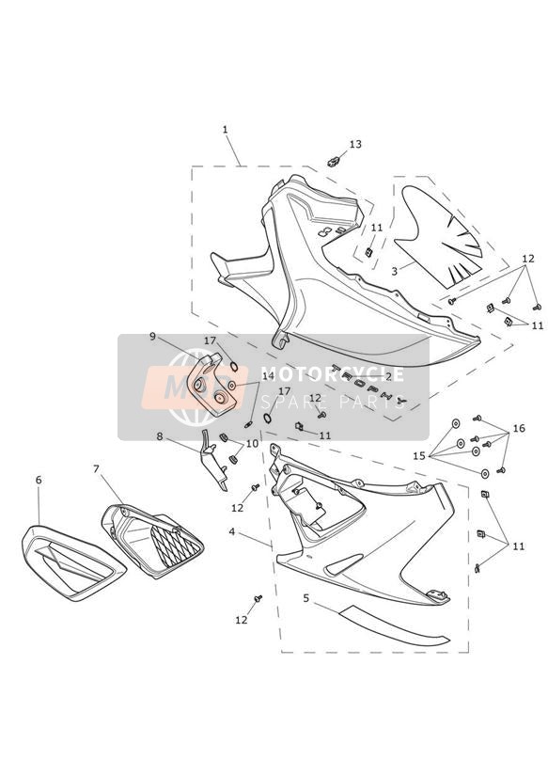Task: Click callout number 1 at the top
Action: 226,130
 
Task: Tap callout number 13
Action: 355,144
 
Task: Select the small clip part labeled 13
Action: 334,161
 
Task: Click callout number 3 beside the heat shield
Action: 395,271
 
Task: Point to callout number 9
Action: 152,337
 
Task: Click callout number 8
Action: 159,436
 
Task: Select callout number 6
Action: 39,480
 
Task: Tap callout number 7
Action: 97,468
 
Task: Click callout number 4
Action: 232,531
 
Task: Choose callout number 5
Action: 305,598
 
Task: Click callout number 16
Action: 519,428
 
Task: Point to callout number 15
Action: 419,456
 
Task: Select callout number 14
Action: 268,376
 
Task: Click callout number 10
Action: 252,443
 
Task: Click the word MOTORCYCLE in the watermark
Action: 332,374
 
